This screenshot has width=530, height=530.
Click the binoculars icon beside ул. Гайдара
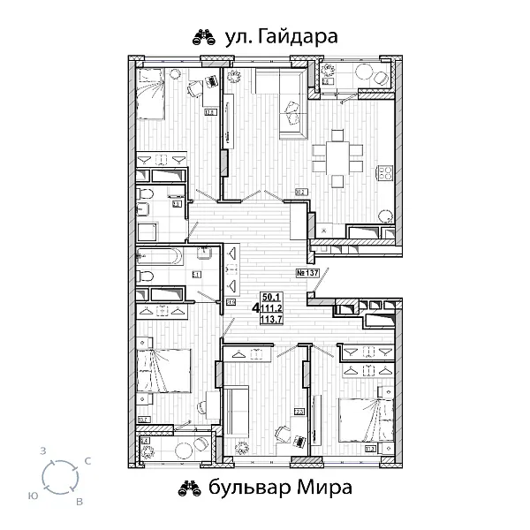(x=204, y=36)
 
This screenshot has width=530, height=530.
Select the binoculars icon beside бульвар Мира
(x=189, y=487)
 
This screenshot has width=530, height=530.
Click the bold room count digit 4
(x=256, y=309)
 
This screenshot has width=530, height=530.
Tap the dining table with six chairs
(x=336, y=159)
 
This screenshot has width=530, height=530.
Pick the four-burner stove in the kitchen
(x=385, y=173)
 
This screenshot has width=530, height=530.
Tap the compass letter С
(x=86, y=461)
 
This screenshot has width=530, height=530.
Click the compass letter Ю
(x=33, y=497)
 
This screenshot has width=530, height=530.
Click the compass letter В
(x=79, y=502)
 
